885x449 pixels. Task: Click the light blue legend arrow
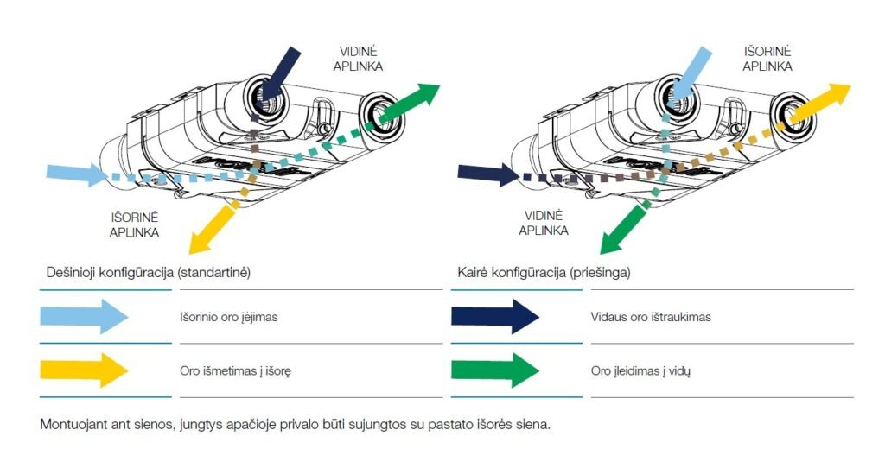(84, 317)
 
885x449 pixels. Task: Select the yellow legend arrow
(84, 370)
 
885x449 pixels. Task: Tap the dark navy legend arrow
(495, 317)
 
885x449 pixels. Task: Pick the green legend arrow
(495, 370)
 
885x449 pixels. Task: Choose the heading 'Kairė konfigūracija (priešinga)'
(544, 272)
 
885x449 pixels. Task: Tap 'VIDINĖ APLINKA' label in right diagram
(544, 224)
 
